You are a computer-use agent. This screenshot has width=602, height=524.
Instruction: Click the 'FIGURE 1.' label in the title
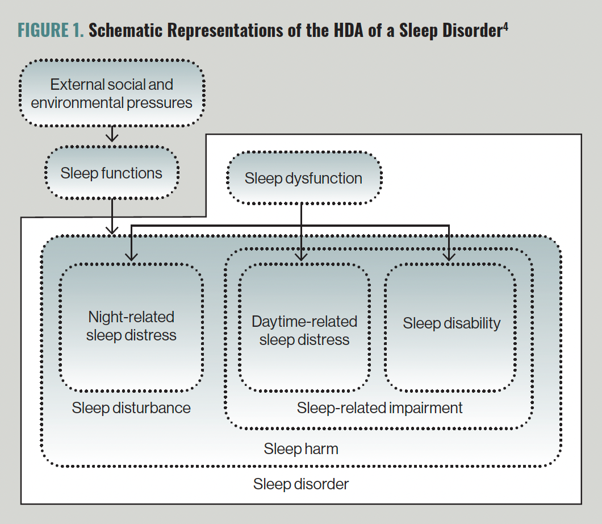coord(51,31)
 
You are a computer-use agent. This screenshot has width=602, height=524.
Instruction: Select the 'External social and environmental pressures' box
coord(112,94)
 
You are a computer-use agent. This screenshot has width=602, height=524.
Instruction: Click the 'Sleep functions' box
coord(111,173)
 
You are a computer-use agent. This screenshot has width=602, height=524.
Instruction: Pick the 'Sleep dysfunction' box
coord(303,178)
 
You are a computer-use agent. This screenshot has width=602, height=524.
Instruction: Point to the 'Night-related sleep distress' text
coord(131,326)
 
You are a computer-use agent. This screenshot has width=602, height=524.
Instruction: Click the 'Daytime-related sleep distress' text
coord(304,330)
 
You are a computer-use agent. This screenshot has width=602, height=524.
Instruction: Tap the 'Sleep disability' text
coord(451,323)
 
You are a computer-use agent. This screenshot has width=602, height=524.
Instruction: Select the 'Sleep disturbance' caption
coord(131,407)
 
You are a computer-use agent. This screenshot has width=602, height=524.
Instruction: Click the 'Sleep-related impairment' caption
coord(379,407)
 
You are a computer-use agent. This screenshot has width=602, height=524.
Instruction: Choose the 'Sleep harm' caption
coord(301,448)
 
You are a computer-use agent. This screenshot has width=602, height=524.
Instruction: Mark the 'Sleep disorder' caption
coord(301,484)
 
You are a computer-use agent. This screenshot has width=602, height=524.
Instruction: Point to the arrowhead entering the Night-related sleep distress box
coord(132,256)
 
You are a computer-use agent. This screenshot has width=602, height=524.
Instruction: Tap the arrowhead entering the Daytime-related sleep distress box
coord(302,256)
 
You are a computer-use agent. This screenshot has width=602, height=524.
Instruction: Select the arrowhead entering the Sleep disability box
coord(449,256)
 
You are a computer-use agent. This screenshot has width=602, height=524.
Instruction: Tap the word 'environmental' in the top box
coord(72,103)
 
